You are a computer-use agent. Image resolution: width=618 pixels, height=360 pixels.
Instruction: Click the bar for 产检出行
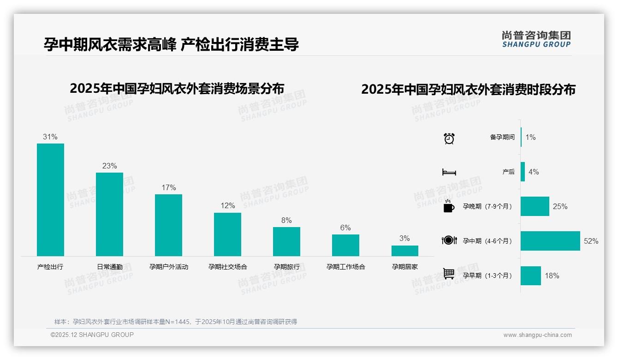(50, 199)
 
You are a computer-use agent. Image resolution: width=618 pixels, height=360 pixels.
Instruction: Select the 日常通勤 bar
(109, 214)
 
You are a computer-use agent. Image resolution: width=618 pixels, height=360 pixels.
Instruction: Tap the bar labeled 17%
(168, 225)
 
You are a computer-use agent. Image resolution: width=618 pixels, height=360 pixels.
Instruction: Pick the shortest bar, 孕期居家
(404, 251)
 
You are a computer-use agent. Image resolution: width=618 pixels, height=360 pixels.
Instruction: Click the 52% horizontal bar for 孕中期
(550, 241)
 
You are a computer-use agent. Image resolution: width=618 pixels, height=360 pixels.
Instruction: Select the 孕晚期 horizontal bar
(535, 206)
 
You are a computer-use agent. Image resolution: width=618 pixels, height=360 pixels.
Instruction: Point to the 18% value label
(552, 276)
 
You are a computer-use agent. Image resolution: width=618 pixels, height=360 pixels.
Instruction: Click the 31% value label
(50, 137)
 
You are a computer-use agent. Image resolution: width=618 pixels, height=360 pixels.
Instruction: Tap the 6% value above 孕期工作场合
(345, 228)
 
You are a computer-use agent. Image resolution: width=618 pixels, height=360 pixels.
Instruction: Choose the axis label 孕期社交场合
(227, 267)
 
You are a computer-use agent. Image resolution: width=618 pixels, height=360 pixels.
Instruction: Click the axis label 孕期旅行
(286, 267)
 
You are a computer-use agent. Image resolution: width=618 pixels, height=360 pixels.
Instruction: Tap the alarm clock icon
(449, 138)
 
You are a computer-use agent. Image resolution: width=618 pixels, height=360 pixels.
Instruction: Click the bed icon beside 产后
(449, 172)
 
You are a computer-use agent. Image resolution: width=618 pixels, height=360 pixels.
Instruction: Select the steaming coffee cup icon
(449, 206)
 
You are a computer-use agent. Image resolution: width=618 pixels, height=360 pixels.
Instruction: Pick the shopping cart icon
(449, 274)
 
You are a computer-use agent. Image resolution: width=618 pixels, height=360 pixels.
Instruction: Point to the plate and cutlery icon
(449, 240)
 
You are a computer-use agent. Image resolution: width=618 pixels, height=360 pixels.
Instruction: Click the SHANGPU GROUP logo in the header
(536, 39)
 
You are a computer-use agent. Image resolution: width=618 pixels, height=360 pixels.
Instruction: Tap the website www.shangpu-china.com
(537, 335)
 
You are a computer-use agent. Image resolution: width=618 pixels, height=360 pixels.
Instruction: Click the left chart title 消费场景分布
(177, 88)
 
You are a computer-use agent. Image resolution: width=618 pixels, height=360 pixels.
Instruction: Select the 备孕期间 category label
(502, 137)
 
